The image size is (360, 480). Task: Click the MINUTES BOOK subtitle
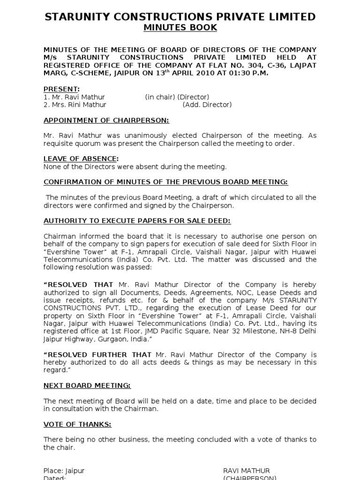coord(180,28)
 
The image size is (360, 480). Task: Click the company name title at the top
coord(180,17)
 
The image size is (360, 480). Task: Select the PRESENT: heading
coord(61,89)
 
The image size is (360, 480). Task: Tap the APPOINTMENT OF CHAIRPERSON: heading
coord(106,120)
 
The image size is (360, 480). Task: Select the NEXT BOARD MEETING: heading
coord(87,385)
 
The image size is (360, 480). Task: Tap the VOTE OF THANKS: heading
coord(77,424)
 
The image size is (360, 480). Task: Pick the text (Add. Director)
coord(207,105)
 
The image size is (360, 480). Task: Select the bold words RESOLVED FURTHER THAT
coord(97,354)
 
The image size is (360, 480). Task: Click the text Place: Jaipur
coord(64,471)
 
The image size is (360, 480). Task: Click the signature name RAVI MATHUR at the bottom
coord(246,471)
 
